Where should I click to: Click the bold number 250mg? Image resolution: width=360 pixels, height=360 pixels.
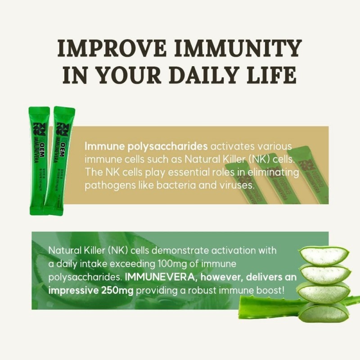click(117, 290)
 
